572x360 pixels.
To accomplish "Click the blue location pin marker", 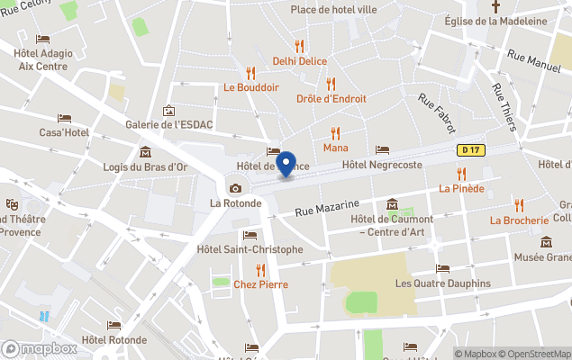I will (286, 164).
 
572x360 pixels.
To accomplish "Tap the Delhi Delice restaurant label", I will (300, 61).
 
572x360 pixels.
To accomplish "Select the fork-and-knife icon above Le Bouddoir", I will (251, 73).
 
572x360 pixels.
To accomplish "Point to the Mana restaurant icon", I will (336, 133).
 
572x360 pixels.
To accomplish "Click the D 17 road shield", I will (468, 150).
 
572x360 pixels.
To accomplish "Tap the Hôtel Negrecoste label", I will (383, 166).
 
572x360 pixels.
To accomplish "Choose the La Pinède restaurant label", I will (461, 188).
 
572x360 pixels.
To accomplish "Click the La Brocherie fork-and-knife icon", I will (519, 205).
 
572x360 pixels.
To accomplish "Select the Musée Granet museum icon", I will (546, 242).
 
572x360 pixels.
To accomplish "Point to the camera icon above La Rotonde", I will (235, 188).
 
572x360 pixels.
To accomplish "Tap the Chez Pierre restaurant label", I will (260, 284).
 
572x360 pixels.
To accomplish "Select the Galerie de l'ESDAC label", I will (169, 124).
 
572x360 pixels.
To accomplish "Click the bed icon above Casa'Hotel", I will (64, 118).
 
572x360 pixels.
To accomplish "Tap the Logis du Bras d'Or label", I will (144, 166).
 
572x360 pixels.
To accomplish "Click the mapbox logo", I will (39, 349).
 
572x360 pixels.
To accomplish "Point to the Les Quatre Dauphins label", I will (443, 283).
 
